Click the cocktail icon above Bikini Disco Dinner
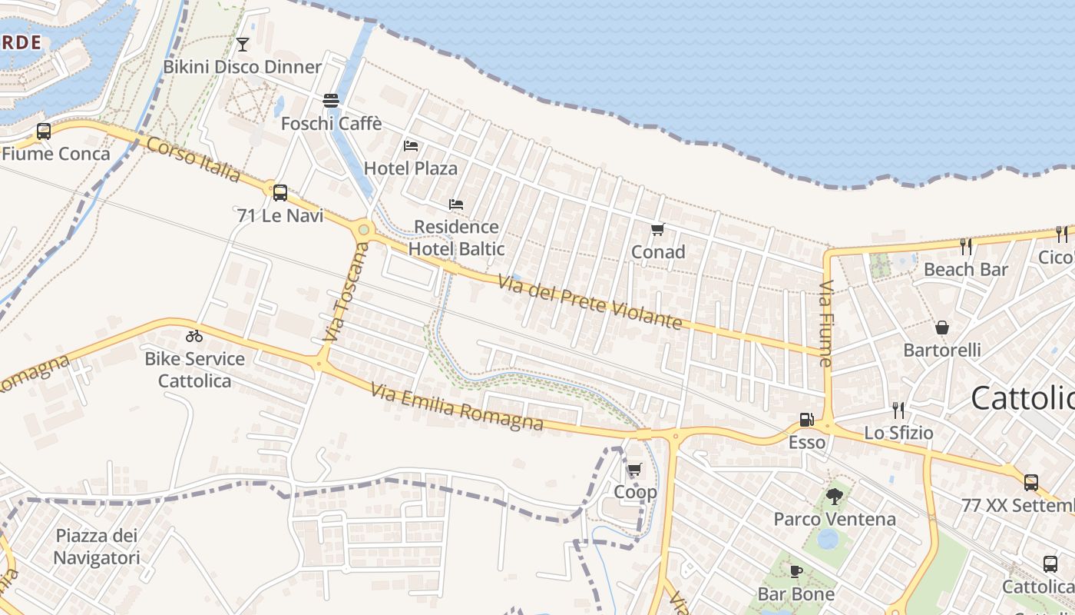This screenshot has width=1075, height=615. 243,45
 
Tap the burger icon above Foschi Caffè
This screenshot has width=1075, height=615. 331,101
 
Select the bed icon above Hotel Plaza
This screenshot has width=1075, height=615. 411,145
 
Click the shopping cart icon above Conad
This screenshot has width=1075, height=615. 657,229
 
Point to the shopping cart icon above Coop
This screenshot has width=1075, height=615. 634,469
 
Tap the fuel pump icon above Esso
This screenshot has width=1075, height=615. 806,420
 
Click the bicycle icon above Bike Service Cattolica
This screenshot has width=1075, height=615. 194,336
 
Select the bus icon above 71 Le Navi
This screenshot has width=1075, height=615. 280,193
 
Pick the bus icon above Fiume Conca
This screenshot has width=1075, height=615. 44,131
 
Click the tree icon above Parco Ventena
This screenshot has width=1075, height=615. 835,497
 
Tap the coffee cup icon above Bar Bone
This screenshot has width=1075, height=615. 796,571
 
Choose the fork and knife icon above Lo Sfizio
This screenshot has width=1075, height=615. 898,411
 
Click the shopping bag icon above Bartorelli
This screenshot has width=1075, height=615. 942,327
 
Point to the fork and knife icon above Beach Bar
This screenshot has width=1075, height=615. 966,247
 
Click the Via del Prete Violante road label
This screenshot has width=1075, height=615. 590,302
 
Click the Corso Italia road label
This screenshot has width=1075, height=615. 193,160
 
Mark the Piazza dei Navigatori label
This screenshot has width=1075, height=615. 97,547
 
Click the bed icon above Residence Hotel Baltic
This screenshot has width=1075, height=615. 456,204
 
